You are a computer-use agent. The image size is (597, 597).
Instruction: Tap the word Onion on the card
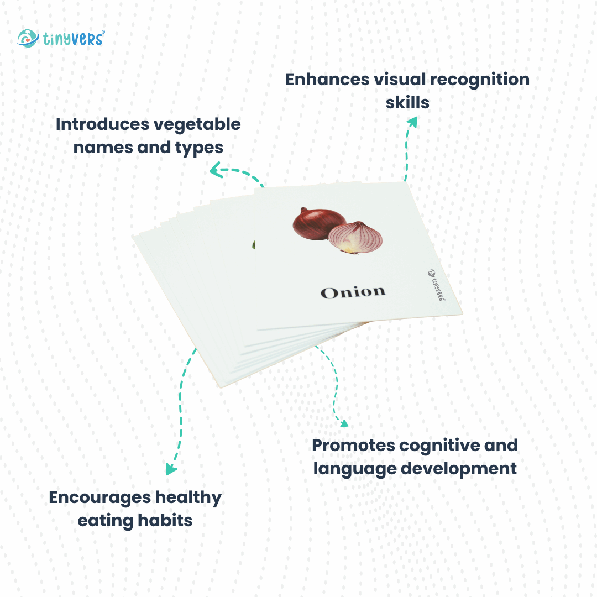353,292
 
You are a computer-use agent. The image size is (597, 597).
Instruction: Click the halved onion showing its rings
355,238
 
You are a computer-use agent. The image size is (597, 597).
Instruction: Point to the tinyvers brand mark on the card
437,285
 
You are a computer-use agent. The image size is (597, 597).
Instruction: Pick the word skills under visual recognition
407,102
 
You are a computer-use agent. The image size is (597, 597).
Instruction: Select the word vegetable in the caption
196,124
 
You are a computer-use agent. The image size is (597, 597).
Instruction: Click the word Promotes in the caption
353,445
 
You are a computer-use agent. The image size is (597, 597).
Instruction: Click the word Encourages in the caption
99,498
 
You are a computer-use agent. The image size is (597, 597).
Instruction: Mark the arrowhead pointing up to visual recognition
411,122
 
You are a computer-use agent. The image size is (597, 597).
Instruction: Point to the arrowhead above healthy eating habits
171,470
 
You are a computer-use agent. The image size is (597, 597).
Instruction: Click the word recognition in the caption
480,79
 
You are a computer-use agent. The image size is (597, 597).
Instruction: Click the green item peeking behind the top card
252,244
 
